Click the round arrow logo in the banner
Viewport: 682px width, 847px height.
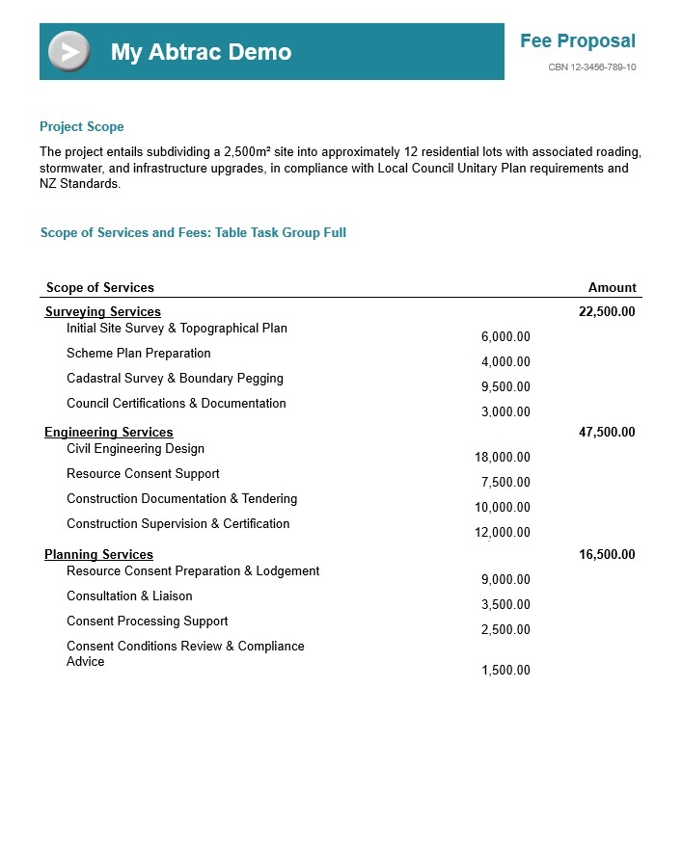tap(68, 51)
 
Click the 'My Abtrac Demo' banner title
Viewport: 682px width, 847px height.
tap(201, 52)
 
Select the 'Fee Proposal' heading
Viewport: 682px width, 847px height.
tap(577, 40)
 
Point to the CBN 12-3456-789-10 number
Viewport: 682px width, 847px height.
tap(591, 67)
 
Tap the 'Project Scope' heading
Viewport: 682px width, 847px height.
tap(81, 127)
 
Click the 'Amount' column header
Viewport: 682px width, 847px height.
tap(612, 287)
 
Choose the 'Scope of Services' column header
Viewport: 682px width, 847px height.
tap(99, 287)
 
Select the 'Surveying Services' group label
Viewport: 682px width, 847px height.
tap(102, 311)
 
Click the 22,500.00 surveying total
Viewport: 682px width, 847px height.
tap(606, 311)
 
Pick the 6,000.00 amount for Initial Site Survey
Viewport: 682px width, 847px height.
tap(505, 337)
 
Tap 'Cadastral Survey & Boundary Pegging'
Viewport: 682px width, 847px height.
tap(175, 379)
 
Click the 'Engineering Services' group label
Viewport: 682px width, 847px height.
tap(108, 433)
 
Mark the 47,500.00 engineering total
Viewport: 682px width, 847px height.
tap(606, 433)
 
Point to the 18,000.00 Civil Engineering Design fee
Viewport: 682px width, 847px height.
tap(503, 458)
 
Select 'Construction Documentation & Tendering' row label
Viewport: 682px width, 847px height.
tap(181, 499)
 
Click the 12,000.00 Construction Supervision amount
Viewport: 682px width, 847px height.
tap(503, 533)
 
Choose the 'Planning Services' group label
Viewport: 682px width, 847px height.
tap(98, 555)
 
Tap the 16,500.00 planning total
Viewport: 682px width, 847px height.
tap(606, 555)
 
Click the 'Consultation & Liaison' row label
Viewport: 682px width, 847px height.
tap(129, 596)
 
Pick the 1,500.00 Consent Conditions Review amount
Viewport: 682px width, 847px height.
tap(505, 671)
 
